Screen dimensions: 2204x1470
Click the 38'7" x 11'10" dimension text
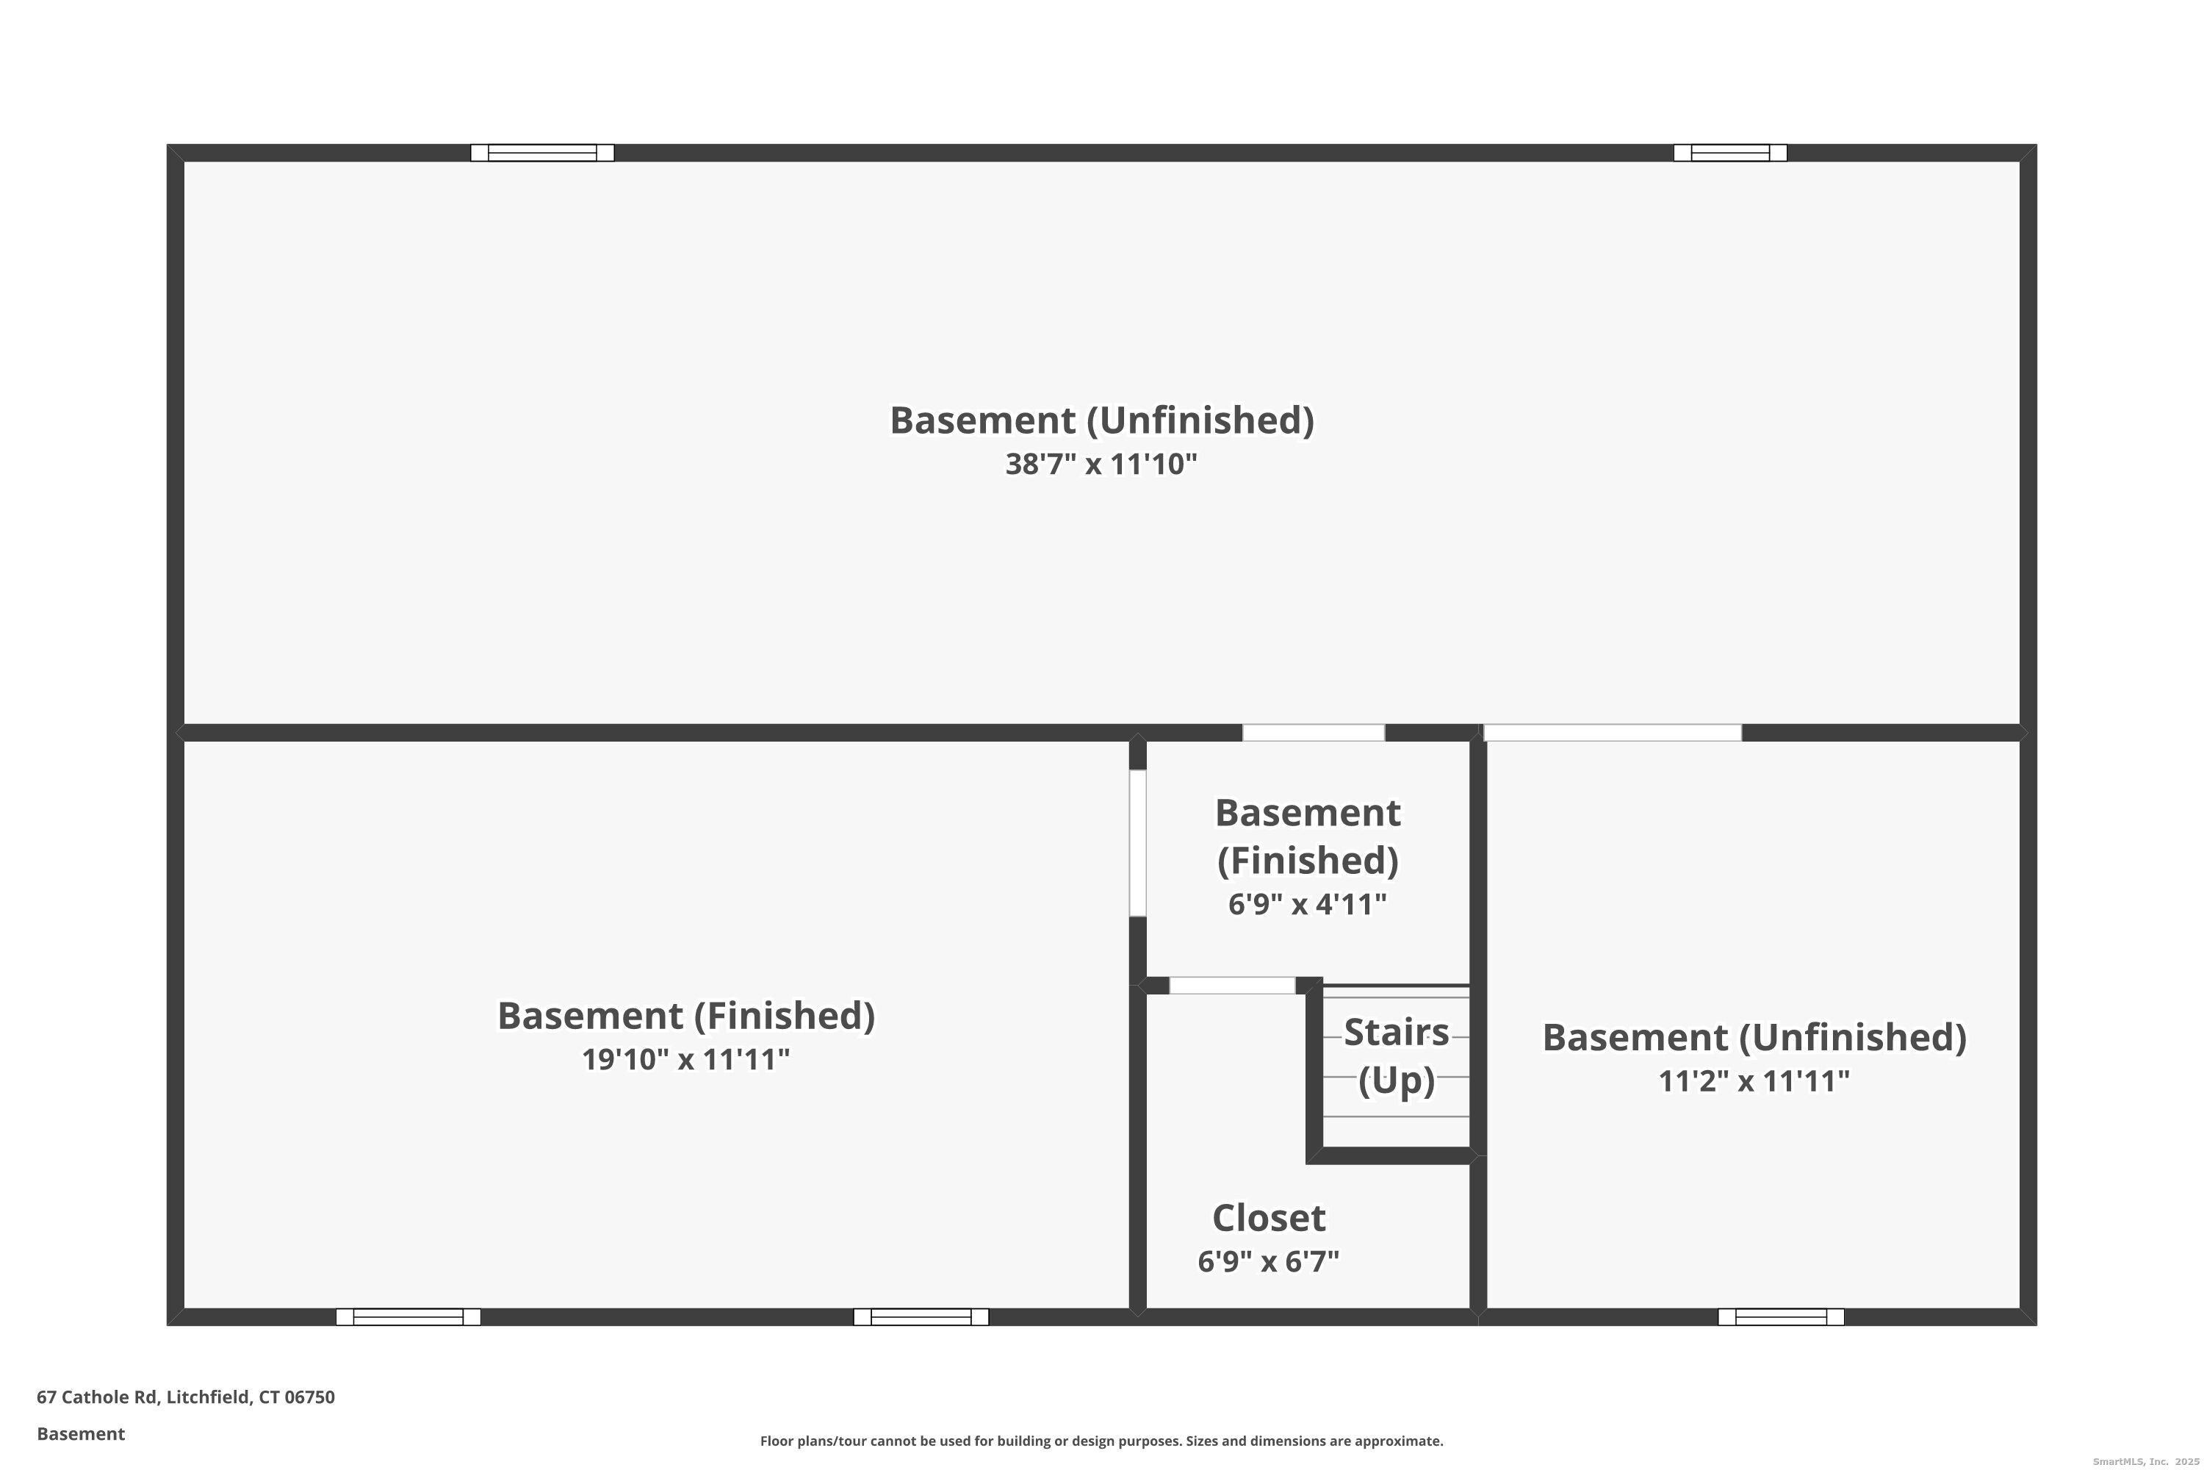coord(1101,464)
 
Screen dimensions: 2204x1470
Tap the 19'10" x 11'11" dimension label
coord(686,1059)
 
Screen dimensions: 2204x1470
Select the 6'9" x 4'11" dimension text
coord(1307,904)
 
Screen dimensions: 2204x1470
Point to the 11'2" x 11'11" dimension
coord(1754,1081)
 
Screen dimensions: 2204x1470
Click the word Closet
coord(1269,1218)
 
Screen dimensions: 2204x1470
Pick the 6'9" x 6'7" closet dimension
coord(1269,1262)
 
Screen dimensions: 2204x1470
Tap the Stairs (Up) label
coord(1397,1055)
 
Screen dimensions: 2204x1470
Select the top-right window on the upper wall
coord(1730,153)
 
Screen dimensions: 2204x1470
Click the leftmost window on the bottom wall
coord(408,1316)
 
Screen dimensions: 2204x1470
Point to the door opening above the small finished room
coord(1314,732)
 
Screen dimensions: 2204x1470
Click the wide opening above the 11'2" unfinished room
coord(1612,732)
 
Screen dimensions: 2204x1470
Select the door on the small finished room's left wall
coord(1137,843)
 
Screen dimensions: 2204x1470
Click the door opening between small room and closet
coord(1232,986)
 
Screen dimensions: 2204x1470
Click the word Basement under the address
coord(81,1433)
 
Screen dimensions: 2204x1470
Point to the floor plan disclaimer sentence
coord(1101,1441)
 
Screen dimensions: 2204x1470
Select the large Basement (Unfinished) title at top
coord(1101,420)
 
